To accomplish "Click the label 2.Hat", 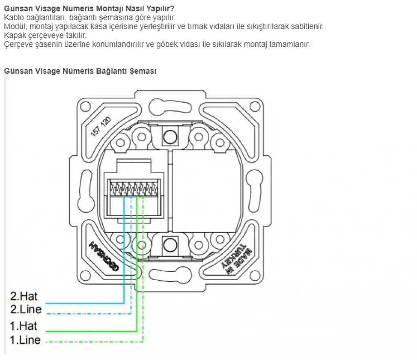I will (x=24, y=296).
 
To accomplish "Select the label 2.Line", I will (x=26, y=310).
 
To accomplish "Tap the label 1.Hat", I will (x=24, y=326).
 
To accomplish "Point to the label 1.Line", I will (x=25, y=340).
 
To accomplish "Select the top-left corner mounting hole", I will (x=85, y=107).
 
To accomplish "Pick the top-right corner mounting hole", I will (x=255, y=107).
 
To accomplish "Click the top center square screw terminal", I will (x=170, y=136).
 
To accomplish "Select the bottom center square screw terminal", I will (x=170, y=245).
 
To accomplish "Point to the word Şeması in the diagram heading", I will (x=143, y=71).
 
